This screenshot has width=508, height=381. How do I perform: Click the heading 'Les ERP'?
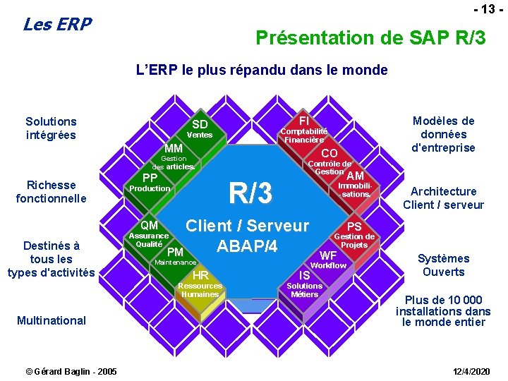57,25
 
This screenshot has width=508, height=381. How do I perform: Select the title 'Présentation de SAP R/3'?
370,37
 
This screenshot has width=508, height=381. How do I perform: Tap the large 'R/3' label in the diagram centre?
250,192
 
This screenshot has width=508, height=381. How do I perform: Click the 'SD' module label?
200,125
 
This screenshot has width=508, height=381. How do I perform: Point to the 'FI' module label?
305,120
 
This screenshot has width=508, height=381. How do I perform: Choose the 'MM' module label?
174,148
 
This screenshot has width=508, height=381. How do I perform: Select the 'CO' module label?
329,153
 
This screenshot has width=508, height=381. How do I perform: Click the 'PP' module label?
150,177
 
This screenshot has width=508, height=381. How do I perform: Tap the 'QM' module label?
149,225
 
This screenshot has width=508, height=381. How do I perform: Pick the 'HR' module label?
200,275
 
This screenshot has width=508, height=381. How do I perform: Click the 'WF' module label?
328,255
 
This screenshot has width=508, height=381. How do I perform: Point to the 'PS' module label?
354,226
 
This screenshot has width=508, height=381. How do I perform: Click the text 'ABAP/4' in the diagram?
247,247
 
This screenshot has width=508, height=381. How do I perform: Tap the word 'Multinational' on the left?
52,320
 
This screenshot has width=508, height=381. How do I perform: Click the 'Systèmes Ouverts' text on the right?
443,265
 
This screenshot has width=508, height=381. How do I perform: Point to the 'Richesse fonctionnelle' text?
51,192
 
